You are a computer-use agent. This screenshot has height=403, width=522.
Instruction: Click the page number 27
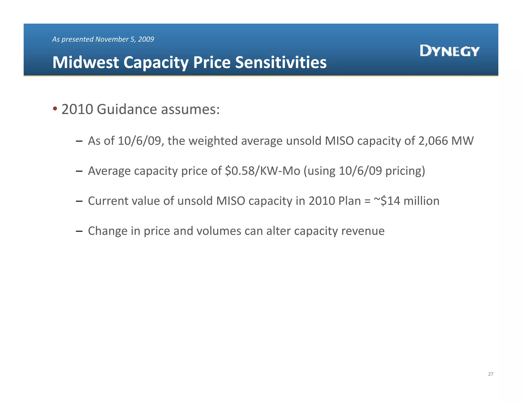pos(491,374)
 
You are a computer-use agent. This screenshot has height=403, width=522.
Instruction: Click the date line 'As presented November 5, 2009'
pos(103,39)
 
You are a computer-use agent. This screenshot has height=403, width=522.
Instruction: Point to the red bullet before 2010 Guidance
pos(55,109)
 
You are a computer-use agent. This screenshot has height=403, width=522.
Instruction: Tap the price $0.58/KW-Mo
pos(263,171)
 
